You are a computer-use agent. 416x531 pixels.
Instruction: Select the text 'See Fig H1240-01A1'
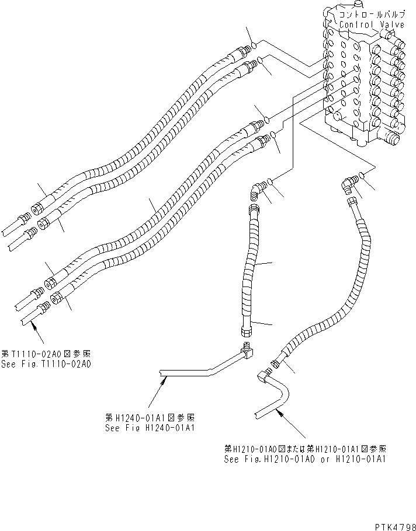(x=150, y=427)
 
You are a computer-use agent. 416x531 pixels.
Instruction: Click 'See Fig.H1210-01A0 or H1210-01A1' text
(x=305, y=459)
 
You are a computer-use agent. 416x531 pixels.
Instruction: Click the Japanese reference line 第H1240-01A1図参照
(x=150, y=418)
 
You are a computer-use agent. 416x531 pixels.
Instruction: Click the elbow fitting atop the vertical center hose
(x=256, y=188)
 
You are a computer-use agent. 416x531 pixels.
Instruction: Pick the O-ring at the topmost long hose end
(x=255, y=46)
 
